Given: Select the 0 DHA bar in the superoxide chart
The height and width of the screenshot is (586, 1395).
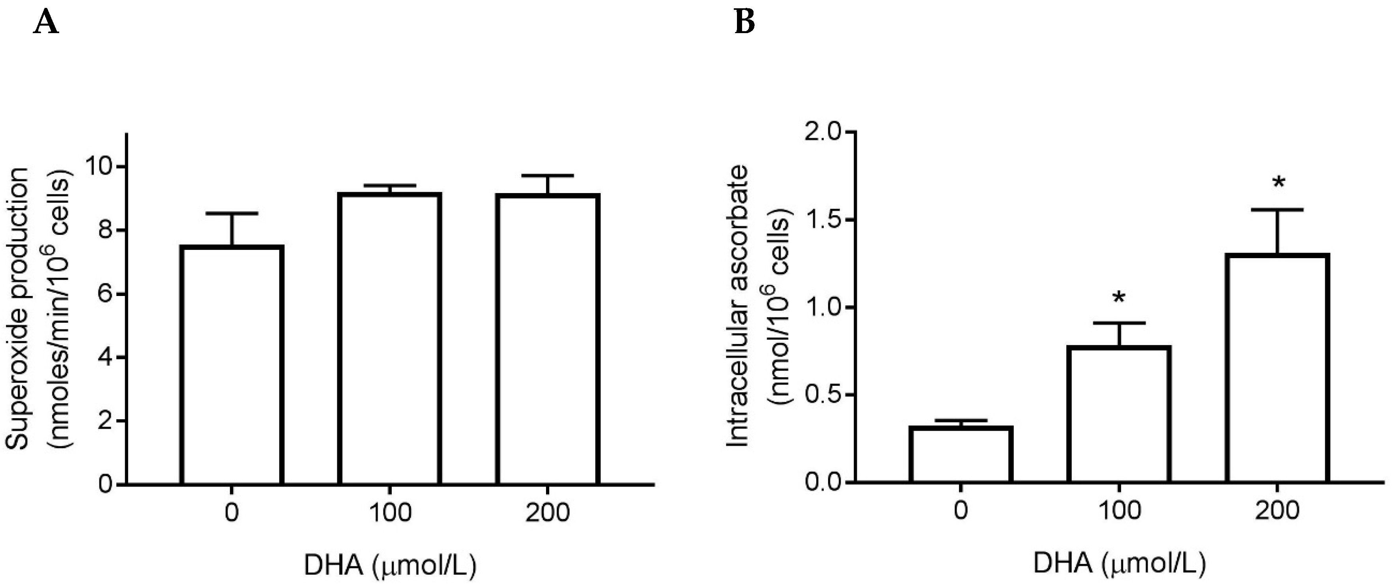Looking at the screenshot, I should pyautogui.click(x=232, y=365).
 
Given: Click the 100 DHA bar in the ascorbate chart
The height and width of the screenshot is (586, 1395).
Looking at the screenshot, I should pyautogui.click(x=1119, y=414).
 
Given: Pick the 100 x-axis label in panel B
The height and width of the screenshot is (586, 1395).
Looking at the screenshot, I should pyautogui.click(x=1119, y=511).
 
